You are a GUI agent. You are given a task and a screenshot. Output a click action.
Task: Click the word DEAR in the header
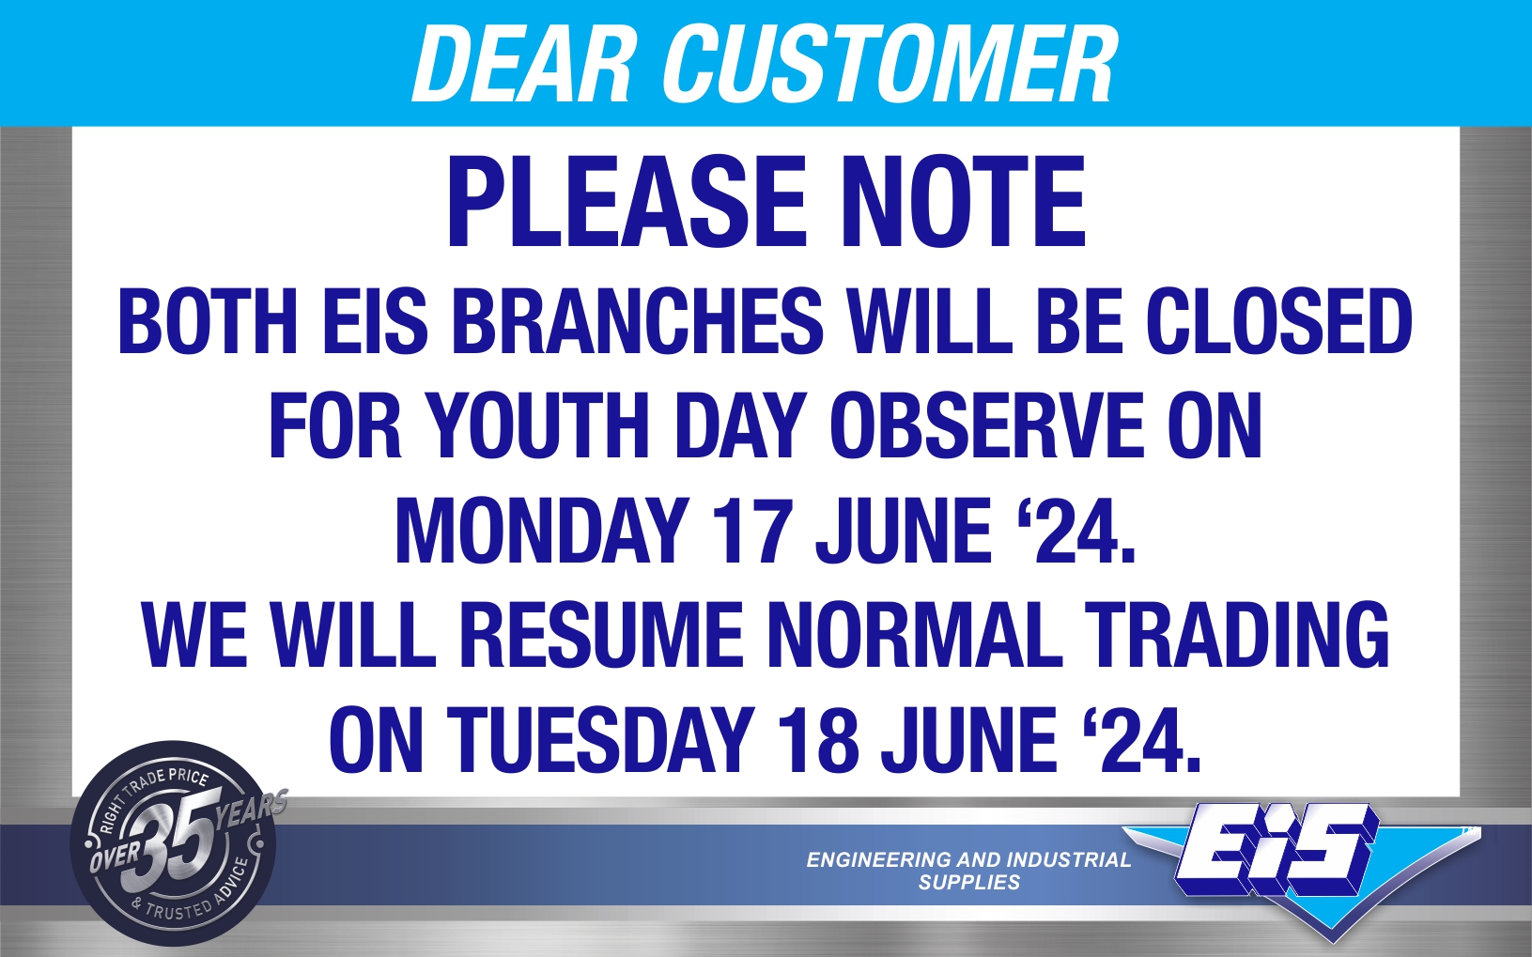(x=521, y=65)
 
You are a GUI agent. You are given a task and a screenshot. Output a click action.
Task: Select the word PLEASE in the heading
(x=627, y=202)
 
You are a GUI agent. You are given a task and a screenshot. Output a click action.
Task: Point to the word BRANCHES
(x=637, y=321)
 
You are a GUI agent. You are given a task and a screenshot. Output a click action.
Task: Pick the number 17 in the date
(x=752, y=530)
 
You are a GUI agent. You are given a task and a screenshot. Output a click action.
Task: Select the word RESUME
(x=600, y=634)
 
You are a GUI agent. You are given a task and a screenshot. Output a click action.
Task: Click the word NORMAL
(x=914, y=634)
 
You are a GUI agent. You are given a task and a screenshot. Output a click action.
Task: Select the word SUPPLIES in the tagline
(x=969, y=883)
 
